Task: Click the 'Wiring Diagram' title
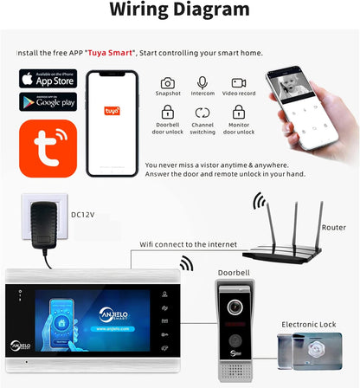click(x=180, y=11)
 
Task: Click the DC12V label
click(x=82, y=215)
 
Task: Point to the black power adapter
click(x=43, y=225)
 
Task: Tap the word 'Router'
click(x=333, y=227)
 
